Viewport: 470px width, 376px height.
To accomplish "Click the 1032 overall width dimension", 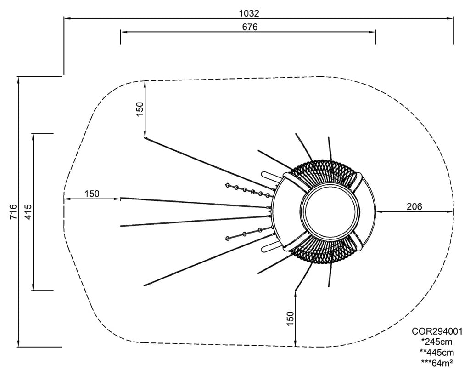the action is click(249, 13).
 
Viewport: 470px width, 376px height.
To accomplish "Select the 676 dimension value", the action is click(250, 27).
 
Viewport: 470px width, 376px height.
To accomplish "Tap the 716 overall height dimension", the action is click(13, 212).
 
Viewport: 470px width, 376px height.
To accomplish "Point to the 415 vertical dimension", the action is click(28, 212).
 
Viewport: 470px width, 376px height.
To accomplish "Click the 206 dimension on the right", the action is click(414, 206).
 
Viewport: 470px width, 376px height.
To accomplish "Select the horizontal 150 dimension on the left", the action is click(91, 194).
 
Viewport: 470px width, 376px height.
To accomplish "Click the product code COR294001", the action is click(437, 331).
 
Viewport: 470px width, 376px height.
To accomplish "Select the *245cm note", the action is click(437, 342).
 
